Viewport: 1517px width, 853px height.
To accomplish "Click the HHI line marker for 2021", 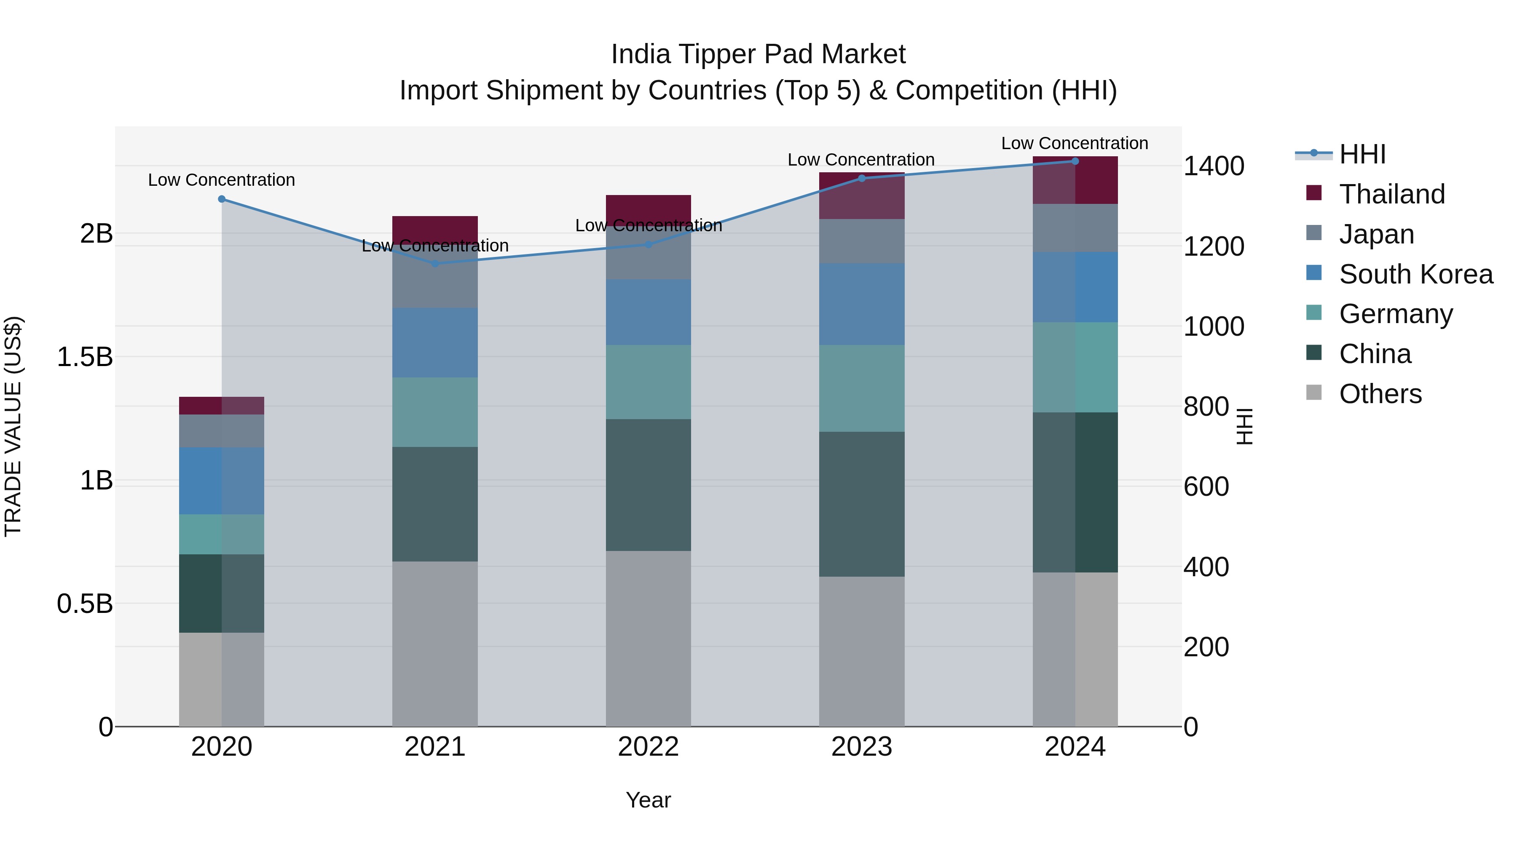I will click(434, 264).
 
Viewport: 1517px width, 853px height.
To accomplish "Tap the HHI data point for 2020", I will click(221, 199).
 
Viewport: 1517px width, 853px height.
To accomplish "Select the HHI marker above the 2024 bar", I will click(1075, 161).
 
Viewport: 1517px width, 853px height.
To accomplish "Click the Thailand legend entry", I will click(1391, 194).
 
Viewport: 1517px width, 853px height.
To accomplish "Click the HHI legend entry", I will click(1362, 154).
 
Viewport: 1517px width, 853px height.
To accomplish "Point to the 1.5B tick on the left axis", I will click(85, 357).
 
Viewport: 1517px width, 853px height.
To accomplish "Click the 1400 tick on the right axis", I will click(1214, 166).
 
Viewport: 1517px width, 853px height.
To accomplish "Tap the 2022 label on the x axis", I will click(649, 747).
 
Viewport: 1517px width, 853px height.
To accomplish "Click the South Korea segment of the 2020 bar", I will click(221, 481).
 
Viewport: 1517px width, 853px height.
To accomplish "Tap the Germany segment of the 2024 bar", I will click(1075, 367).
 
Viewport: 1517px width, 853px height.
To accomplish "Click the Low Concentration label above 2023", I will click(861, 160).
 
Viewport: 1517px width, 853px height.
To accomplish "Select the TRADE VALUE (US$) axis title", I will click(13, 426).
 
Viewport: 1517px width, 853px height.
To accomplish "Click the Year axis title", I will click(649, 800).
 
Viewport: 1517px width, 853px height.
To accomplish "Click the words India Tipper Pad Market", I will click(758, 54).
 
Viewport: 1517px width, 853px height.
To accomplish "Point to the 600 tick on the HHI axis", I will click(1206, 487).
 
